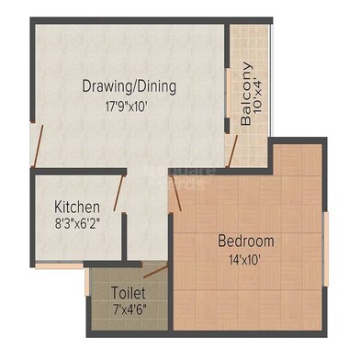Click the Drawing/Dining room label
pyautogui.click(x=129, y=86)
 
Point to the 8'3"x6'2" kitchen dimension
pyautogui.click(x=78, y=222)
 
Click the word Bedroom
pyautogui.click(x=245, y=242)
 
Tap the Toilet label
pyautogui.click(x=128, y=293)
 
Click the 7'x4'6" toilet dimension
pyautogui.click(x=128, y=309)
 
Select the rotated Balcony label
pyautogui.click(x=245, y=93)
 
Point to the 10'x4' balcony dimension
pyautogui.click(x=258, y=93)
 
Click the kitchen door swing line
pyautogui.click(x=118, y=195)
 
